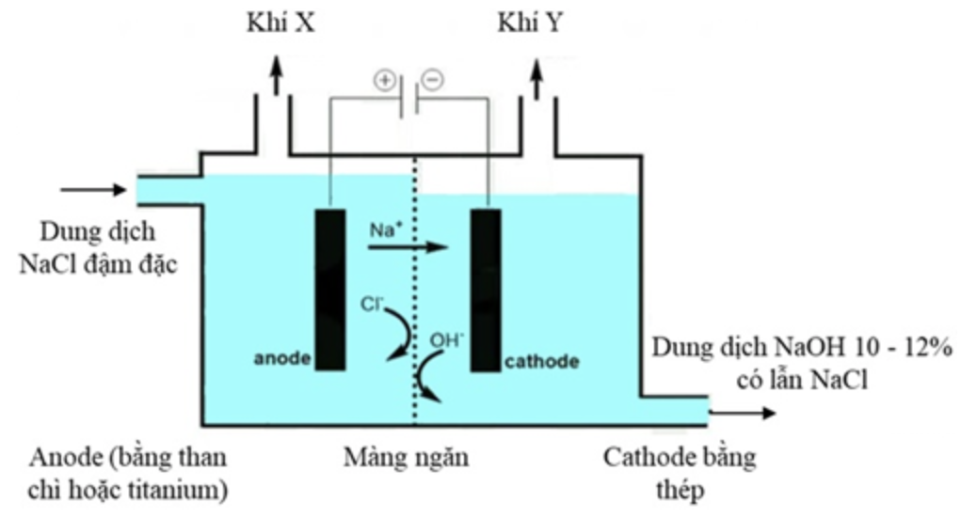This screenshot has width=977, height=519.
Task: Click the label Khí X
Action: tap(280, 24)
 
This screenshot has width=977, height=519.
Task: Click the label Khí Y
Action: tap(531, 24)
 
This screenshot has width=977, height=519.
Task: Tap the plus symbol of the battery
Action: tap(384, 80)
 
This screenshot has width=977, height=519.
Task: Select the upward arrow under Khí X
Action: tap(276, 75)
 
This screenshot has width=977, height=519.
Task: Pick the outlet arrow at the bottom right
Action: tap(744, 412)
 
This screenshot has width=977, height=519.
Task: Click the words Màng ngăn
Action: tap(406, 459)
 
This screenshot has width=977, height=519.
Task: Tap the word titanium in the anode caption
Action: tap(185, 490)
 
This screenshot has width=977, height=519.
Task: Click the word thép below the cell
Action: tap(679, 490)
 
